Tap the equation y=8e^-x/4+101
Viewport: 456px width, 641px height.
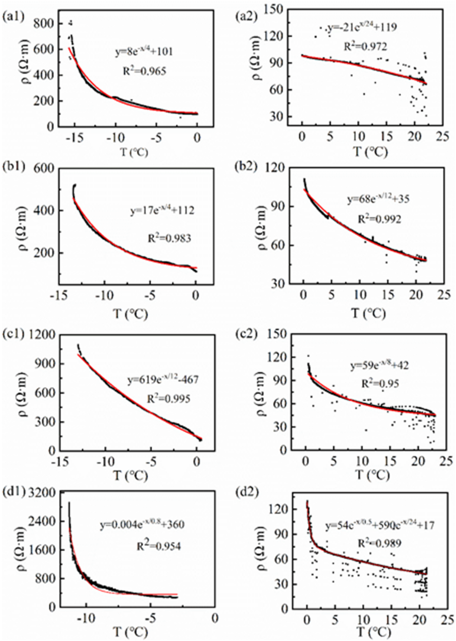(144, 52)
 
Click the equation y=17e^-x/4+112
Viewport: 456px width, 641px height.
(162, 210)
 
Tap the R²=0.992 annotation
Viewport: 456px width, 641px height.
(379, 219)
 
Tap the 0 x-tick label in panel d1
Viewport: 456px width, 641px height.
(215, 618)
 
